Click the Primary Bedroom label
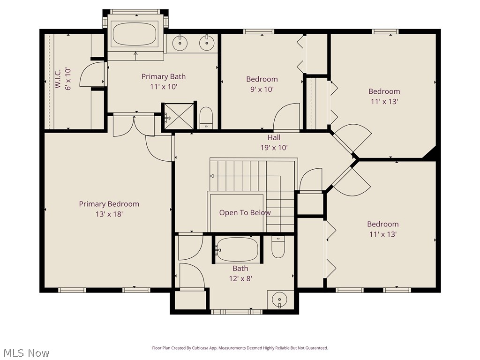(109, 204)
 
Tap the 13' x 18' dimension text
(109, 214)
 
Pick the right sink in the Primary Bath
(206, 43)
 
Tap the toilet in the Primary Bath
(206, 118)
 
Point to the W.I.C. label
(58, 79)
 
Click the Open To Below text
(245, 212)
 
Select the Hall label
(274, 137)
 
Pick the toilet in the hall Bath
(278, 247)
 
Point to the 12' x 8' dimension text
(240, 278)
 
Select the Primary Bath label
(164, 76)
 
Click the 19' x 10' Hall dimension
(274, 147)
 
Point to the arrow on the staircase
(212, 176)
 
